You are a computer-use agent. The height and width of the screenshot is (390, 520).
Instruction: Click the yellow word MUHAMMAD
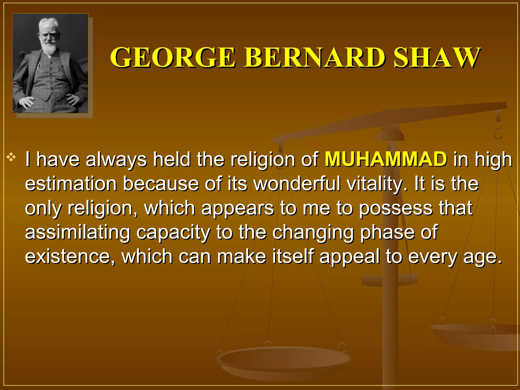386,159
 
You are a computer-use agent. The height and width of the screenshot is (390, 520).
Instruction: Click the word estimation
71,184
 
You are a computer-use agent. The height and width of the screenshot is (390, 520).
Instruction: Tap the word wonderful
297,184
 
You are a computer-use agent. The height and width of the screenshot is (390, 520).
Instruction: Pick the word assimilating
77,233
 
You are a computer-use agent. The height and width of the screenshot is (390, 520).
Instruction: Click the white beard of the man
49,48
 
